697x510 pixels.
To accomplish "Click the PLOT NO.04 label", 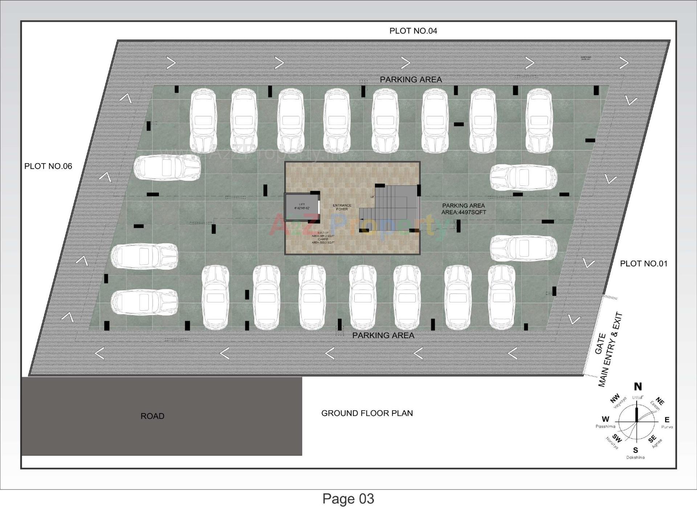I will click(413, 31).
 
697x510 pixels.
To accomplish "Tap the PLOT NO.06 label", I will click(48, 166).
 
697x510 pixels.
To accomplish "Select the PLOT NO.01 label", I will click(643, 264).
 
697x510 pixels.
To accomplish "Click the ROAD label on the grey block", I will click(152, 416).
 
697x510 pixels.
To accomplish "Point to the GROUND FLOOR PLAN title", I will click(367, 413).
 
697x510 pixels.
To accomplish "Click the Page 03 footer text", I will click(348, 499).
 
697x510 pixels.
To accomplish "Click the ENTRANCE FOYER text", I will click(342, 207).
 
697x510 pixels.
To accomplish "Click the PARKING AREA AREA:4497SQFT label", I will click(463, 209).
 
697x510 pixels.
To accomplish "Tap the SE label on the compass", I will click(652, 439).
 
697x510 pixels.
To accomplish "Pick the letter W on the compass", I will click(606, 419).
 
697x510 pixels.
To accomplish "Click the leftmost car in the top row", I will click(203, 121).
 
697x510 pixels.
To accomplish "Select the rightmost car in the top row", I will click(539, 121).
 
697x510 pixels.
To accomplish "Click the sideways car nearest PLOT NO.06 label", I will click(167, 168).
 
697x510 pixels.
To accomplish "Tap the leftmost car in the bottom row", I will click(215, 297).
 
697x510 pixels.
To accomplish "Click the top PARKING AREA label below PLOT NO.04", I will click(411, 79).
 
